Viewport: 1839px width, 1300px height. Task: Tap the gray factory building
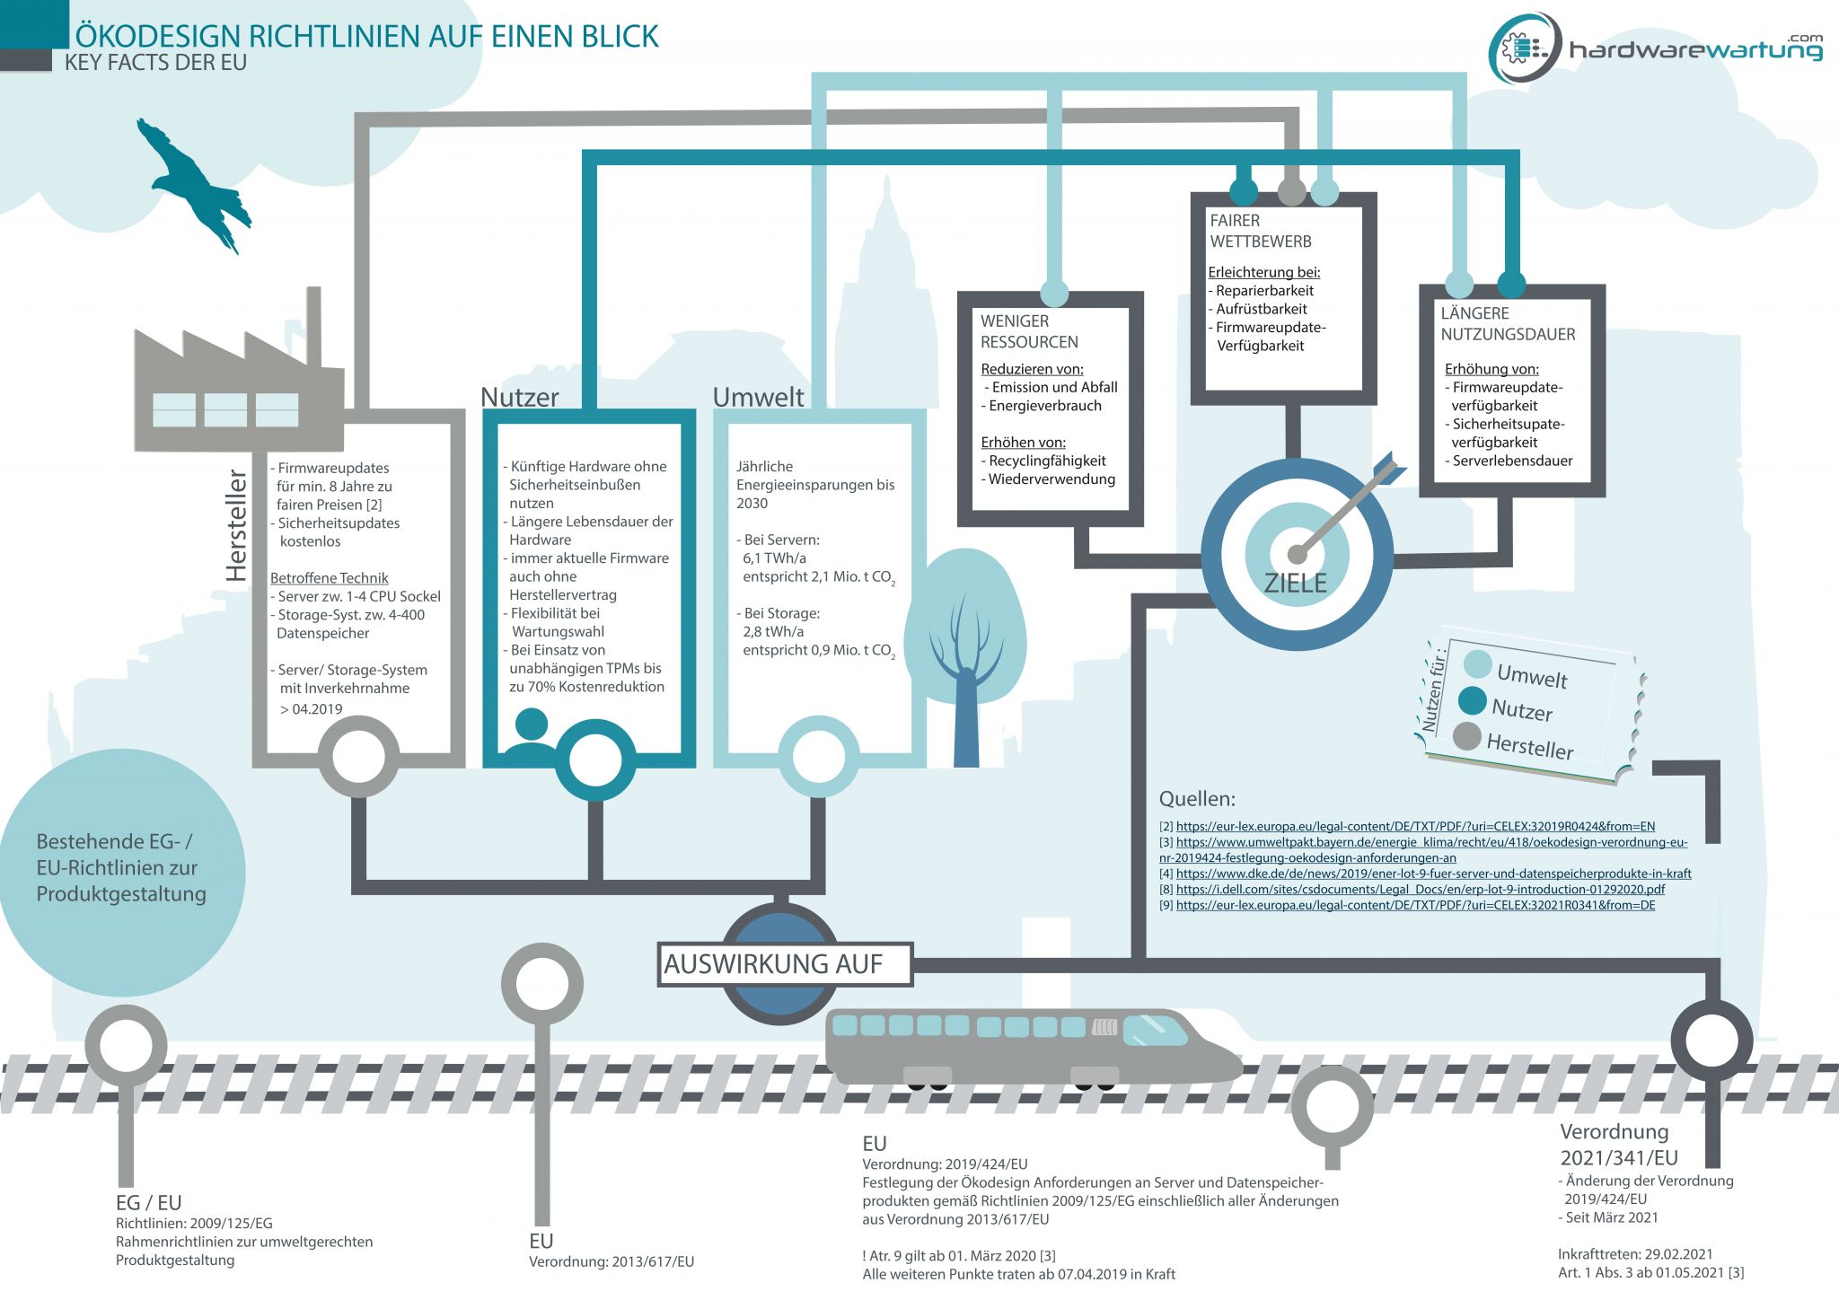(x=239, y=382)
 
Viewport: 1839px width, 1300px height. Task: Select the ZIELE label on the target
(x=1295, y=584)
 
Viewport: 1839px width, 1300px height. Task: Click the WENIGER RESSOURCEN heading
(x=1029, y=331)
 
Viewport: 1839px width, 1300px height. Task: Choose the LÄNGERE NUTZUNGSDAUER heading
(x=1508, y=324)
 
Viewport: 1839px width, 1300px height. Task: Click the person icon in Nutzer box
(x=531, y=733)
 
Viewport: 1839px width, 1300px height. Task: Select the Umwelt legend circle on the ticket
(x=1477, y=664)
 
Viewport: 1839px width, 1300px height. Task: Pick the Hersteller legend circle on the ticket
(x=1466, y=736)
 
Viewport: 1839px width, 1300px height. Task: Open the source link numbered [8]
(x=1421, y=890)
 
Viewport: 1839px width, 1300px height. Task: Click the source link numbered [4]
(x=1434, y=874)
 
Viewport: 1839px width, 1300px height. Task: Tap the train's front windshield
(x=1155, y=1031)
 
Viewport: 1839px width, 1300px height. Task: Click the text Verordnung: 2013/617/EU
(x=612, y=1261)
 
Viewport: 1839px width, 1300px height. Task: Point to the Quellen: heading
(x=1197, y=799)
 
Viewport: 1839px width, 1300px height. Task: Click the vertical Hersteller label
(x=236, y=525)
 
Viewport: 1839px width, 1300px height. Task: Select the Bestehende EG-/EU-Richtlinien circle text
(x=121, y=868)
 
